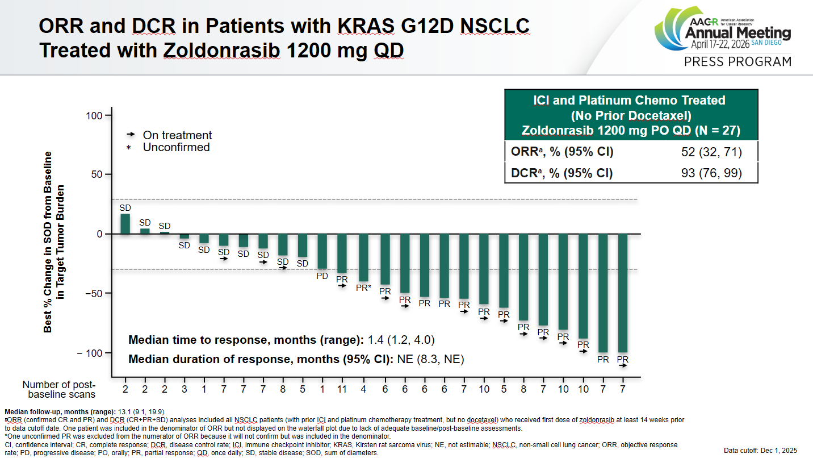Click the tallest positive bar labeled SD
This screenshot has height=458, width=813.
tap(125, 224)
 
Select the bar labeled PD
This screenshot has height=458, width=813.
tap(322, 251)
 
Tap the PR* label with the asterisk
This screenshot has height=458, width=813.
tap(363, 288)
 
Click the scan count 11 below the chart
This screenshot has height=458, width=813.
tap(342, 389)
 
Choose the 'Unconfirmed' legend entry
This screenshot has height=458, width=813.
tap(176, 148)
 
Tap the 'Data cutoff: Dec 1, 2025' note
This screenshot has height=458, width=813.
tap(760, 451)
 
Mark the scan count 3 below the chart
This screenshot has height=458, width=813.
tap(184, 389)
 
